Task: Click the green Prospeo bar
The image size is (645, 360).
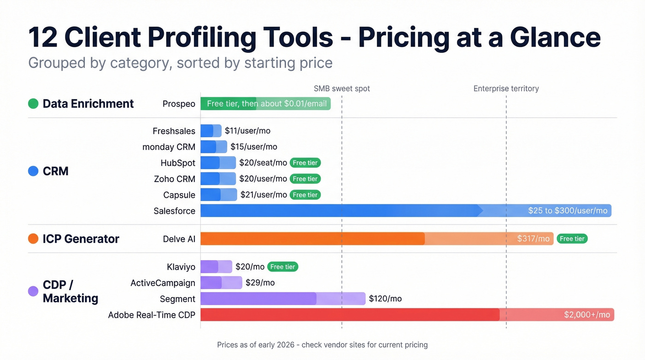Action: (265, 104)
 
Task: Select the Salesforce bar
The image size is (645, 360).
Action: (405, 211)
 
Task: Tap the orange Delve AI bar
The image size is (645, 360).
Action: (376, 239)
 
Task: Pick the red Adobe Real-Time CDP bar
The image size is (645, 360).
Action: (407, 315)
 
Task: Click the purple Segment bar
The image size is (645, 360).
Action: (282, 299)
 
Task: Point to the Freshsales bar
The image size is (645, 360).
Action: (211, 131)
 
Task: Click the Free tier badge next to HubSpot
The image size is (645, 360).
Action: (305, 163)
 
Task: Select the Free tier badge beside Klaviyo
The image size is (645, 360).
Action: (282, 267)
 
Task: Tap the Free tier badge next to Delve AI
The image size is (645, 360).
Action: (572, 239)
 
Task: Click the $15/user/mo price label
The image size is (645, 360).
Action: (254, 147)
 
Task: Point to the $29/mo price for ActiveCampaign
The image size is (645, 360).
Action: (260, 283)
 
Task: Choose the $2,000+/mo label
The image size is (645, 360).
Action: (586, 315)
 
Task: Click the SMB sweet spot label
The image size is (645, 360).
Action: (341, 89)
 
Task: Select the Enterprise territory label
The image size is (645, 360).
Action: (506, 89)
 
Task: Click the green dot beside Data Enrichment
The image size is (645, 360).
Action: (33, 104)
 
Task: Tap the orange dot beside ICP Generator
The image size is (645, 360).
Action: (33, 239)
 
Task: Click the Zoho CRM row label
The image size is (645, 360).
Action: (174, 179)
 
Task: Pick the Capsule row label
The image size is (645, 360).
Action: (179, 195)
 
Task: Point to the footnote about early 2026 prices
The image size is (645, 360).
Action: (322, 345)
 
